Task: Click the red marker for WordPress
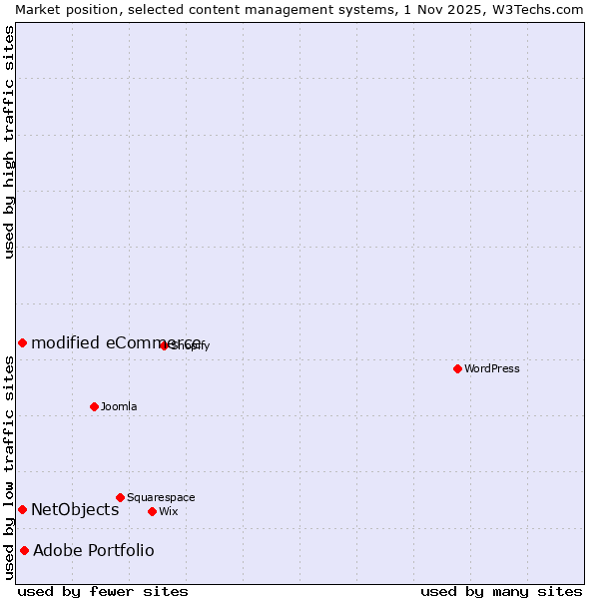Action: tap(457, 368)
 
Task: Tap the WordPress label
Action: tap(492, 368)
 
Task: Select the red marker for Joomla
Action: tap(94, 406)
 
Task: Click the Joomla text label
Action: tap(119, 406)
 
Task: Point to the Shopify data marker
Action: tap(164, 345)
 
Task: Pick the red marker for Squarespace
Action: tap(120, 497)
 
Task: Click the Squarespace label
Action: tap(161, 497)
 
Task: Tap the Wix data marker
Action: tap(152, 511)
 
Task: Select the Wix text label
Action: tap(169, 511)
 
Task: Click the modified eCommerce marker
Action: tap(22, 342)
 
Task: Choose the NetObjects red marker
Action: tap(22, 509)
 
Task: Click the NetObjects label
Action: tap(75, 509)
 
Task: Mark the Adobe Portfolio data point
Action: tap(24, 550)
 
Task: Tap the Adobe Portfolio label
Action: tap(94, 550)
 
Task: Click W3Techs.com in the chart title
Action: tap(544, 9)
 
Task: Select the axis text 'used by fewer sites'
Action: tap(103, 591)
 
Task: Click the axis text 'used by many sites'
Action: tap(501, 591)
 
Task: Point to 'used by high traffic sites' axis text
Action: tap(9, 142)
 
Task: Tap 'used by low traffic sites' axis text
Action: tap(9, 467)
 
